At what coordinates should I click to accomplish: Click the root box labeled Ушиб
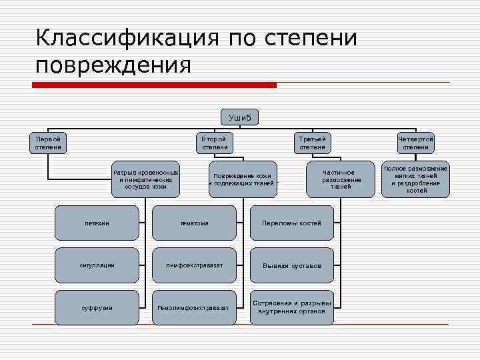[240, 117]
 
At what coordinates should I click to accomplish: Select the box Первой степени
[48, 143]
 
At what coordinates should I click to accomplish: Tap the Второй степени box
[215, 143]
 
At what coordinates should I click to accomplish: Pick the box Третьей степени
[313, 143]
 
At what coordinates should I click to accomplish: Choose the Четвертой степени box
[416, 143]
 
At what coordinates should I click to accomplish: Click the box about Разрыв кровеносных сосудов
[145, 179]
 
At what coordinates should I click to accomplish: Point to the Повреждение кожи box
[243, 179]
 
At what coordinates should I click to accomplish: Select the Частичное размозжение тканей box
[341, 179]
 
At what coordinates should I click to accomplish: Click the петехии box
[97, 223]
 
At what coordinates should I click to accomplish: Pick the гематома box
[195, 223]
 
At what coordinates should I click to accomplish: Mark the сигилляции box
[97, 265]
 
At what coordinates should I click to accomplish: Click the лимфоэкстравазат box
[195, 265]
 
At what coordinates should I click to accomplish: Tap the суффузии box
[97, 307]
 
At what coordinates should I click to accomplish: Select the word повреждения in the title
[113, 65]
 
